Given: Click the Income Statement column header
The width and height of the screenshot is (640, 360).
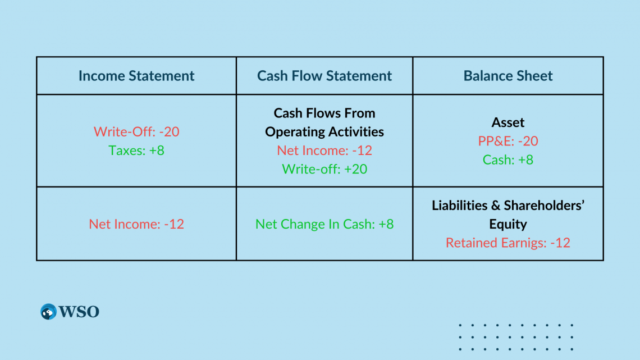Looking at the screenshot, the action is click(x=136, y=76).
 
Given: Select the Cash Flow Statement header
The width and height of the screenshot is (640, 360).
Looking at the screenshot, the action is click(x=324, y=76).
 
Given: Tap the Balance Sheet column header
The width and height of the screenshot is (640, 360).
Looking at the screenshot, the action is click(x=508, y=76).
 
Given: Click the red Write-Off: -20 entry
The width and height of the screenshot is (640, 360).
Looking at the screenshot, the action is click(x=136, y=131).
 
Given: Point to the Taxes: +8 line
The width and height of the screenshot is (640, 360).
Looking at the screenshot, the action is click(x=136, y=150).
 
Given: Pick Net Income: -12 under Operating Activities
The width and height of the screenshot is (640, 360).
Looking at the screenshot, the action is click(x=324, y=150).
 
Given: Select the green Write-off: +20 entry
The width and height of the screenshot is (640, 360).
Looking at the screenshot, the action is click(x=324, y=169).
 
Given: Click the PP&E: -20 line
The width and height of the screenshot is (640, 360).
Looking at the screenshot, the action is click(x=508, y=141).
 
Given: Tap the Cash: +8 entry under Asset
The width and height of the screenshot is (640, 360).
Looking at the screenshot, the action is click(x=508, y=160).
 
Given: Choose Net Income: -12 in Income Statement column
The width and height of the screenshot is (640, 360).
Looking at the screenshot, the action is click(x=136, y=224).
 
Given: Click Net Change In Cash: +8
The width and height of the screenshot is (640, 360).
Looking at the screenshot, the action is click(x=324, y=224).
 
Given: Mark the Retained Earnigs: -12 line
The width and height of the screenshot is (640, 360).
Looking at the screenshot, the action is click(x=508, y=243).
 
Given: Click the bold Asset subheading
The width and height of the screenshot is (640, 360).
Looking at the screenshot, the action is click(x=508, y=122).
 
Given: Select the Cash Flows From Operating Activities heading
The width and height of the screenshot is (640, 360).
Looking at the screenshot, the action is click(x=324, y=122).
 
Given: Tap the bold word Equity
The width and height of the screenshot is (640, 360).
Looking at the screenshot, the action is click(x=508, y=224).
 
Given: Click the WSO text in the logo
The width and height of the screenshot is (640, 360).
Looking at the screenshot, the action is click(x=79, y=312).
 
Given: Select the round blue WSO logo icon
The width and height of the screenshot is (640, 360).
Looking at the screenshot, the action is click(x=48, y=312).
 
